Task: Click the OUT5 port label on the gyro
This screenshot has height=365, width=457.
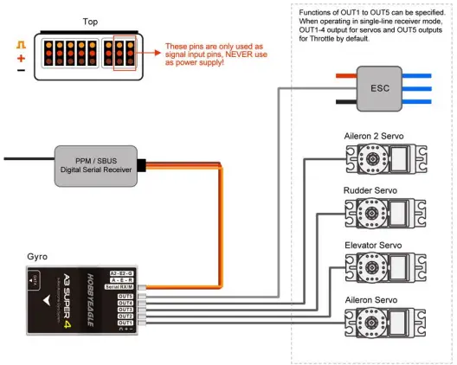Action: point(125,296)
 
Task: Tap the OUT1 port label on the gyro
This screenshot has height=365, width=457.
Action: point(125,323)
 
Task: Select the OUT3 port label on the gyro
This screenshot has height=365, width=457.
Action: point(125,310)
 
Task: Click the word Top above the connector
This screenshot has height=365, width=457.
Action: point(90,21)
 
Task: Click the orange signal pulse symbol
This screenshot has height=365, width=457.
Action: point(20,42)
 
